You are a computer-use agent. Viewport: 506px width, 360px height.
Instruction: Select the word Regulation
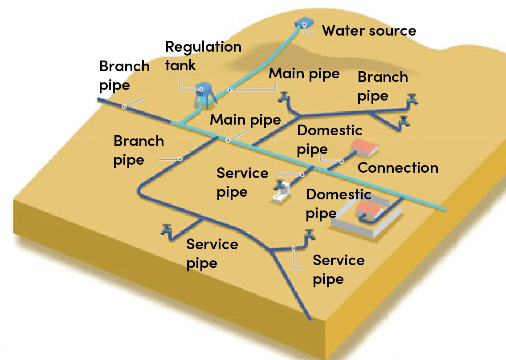pyautogui.click(x=203, y=47)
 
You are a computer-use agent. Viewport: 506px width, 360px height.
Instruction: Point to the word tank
pyautogui.click(x=180, y=65)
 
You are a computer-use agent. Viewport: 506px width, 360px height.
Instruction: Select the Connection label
pyautogui.click(x=398, y=168)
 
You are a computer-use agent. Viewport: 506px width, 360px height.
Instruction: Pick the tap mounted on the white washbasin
pyautogui.click(x=279, y=184)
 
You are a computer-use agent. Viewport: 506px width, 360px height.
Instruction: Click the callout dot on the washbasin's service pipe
pyautogui.click(x=303, y=174)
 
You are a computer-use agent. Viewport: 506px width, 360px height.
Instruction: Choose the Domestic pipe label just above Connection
pyautogui.click(x=329, y=140)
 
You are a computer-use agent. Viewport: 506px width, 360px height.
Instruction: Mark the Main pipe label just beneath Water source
pyautogui.click(x=304, y=73)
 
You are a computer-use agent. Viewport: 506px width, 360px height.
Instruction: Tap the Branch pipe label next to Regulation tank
pyautogui.click(x=124, y=75)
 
